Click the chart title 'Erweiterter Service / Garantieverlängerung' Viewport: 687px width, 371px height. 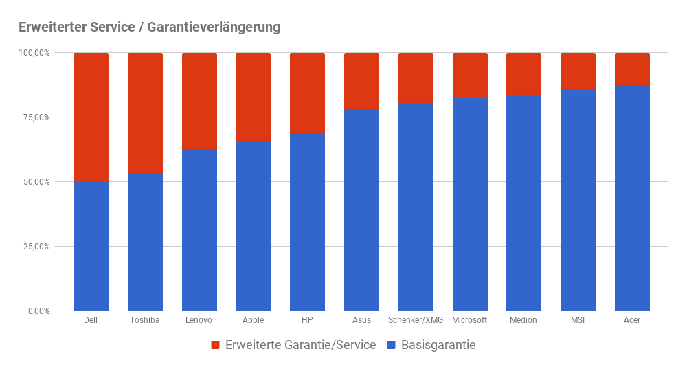[149, 27]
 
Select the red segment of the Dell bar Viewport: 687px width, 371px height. [91, 117]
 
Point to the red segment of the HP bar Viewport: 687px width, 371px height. [307, 93]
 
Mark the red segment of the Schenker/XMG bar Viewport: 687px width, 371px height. [416, 78]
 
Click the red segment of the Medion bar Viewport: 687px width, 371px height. [523, 74]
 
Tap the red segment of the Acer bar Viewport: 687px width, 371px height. [632, 69]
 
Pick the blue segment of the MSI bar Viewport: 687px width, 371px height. [578, 199]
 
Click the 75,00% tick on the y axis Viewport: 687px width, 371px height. [34, 117]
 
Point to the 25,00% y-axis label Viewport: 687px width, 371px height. [34, 247]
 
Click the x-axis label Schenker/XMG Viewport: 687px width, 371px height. [416, 320]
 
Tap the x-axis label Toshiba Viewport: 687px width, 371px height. [145, 320]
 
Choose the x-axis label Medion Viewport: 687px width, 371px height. [523, 320]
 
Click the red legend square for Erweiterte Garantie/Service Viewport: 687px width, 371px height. [215, 345]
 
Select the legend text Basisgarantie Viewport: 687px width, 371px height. [438, 345]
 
